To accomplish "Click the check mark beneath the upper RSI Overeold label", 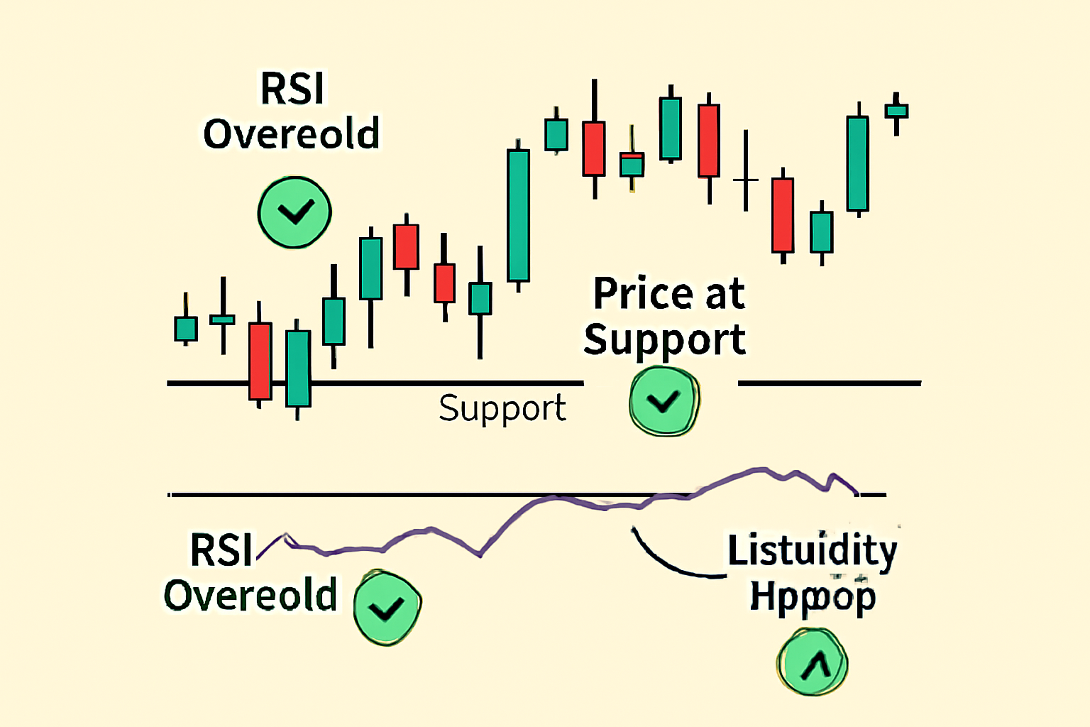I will pos(294,212).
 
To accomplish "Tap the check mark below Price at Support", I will pos(664,401).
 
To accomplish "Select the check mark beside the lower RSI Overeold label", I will pos(387,608).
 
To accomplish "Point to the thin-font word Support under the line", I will pos(502,409).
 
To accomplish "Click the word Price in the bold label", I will pos(643,294).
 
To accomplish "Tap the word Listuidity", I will pos(813,551).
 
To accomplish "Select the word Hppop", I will pos(813,597).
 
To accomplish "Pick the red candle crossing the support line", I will pos(260,361).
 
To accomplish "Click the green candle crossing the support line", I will pos(298,368).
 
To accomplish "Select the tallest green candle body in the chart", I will pos(519,215).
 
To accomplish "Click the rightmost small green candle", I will pos(896,111).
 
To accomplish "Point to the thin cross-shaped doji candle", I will pos(746,179).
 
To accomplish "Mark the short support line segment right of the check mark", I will pos(829,383).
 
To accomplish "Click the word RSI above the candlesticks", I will pos(292,89).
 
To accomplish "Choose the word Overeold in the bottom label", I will pos(251,595).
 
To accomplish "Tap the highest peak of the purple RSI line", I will pos(761,469).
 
